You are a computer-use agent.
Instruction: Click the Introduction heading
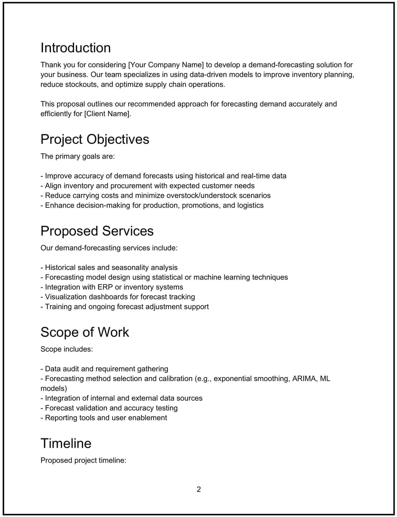coord(76,48)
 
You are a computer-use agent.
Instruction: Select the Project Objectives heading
coord(95,140)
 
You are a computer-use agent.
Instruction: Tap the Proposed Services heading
coord(97,231)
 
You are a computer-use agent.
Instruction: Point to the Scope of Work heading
coord(85,332)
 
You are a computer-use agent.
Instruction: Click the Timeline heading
coord(66,444)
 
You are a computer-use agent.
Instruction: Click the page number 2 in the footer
coord(198,490)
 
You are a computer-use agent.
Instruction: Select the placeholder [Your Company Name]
coord(166,65)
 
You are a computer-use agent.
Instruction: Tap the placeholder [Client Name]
coord(108,114)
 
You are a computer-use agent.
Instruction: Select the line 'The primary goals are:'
coord(77,157)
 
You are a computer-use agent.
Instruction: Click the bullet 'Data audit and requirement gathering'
coord(104,369)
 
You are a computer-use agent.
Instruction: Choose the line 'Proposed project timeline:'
coord(83,461)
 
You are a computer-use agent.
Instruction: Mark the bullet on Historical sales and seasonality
coord(109,268)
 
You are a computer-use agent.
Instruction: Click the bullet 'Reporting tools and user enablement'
coord(104,418)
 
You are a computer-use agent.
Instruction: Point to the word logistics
coord(250,206)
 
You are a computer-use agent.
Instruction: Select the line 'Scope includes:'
coord(67,349)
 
